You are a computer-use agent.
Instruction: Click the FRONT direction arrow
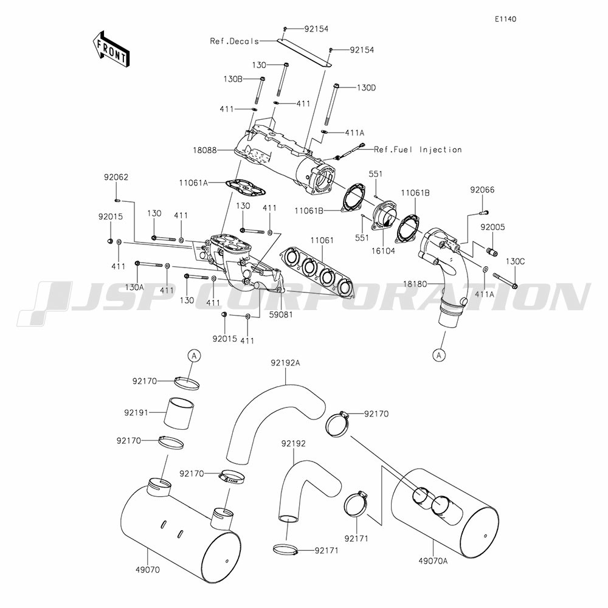click(111, 49)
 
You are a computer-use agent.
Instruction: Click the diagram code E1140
click(505, 19)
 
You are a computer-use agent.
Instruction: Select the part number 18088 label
click(205, 150)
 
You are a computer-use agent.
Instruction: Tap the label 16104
click(383, 251)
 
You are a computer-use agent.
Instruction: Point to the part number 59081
click(281, 314)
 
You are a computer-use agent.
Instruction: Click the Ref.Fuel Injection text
click(418, 150)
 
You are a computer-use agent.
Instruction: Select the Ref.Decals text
click(235, 41)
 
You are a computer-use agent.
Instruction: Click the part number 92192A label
click(285, 363)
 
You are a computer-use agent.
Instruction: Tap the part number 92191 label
click(136, 413)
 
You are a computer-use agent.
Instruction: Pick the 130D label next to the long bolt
click(366, 88)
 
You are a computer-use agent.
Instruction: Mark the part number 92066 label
click(482, 190)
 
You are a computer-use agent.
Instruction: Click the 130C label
click(516, 261)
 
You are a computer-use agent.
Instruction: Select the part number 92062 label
click(116, 177)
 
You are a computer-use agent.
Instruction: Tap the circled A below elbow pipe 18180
click(439, 355)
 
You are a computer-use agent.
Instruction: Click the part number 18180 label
click(415, 284)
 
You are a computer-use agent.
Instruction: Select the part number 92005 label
click(493, 227)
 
